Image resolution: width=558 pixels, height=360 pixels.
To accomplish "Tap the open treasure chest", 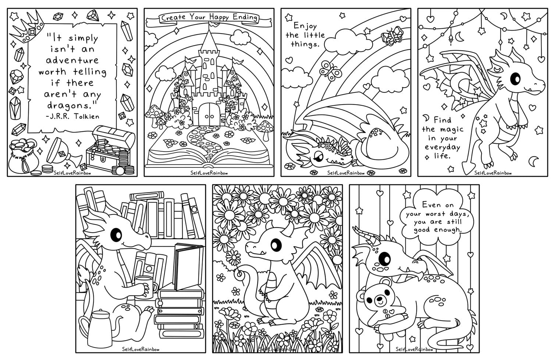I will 109,147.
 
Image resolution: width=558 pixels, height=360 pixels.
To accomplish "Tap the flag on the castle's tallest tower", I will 213,25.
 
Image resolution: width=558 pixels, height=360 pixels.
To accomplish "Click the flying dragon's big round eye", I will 515,78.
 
